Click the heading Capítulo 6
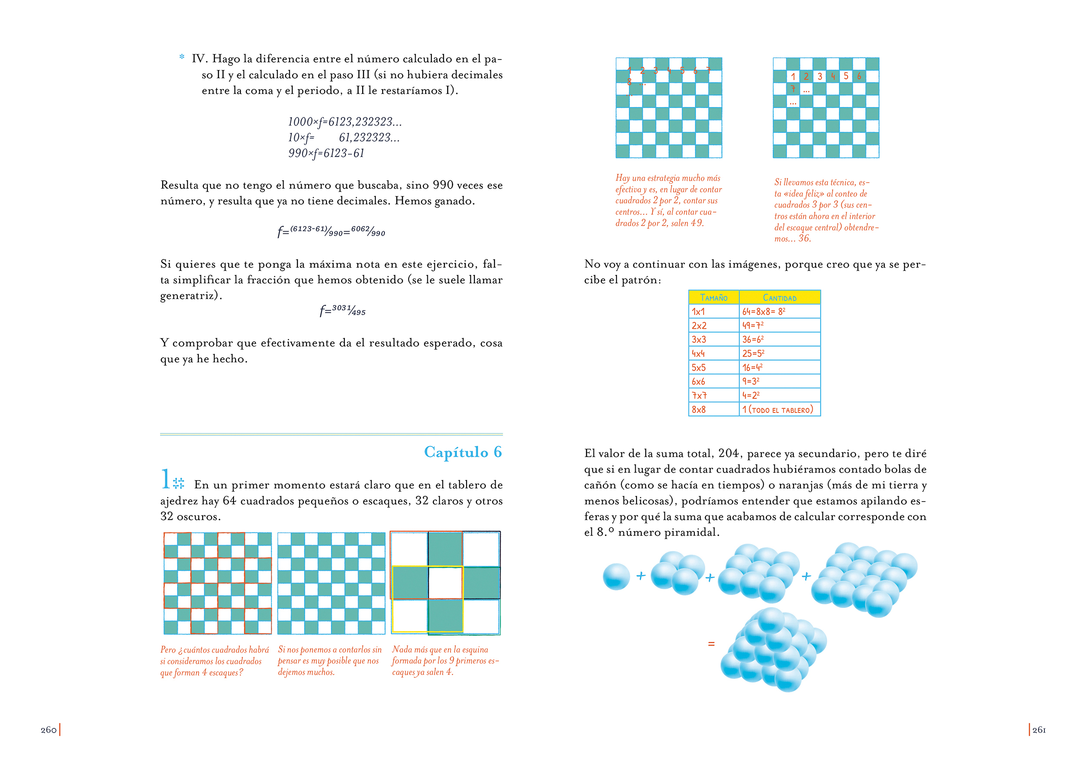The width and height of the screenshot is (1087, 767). pos(463,452)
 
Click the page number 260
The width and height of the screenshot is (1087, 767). pos(49,730)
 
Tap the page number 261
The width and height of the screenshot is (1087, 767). pos(1039,730)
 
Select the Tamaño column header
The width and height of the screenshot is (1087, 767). pos(714,298)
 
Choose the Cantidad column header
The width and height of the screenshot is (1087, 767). pos(779,298)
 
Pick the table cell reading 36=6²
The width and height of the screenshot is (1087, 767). pos(753,339)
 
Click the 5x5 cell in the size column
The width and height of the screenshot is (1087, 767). pos(699,367)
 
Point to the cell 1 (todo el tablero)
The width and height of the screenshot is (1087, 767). pos(777,409)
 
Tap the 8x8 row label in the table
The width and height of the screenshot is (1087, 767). pos(699,409)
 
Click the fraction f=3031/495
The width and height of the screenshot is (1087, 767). pos(342,310)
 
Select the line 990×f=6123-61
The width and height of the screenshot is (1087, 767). pos(326,153)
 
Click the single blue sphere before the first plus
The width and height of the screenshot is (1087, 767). pos(616,576)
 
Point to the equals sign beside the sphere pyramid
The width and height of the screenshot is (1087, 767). pos(711,644)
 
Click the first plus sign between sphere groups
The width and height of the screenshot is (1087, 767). pos(641,576)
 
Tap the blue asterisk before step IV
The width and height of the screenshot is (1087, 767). pos(182,57)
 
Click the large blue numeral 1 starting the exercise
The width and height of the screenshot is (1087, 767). pos(166,479)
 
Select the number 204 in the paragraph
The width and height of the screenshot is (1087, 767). pos(729,453)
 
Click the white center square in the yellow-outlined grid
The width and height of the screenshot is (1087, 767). pos(445,582)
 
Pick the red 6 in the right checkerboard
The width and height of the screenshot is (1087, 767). pos(859,76)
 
